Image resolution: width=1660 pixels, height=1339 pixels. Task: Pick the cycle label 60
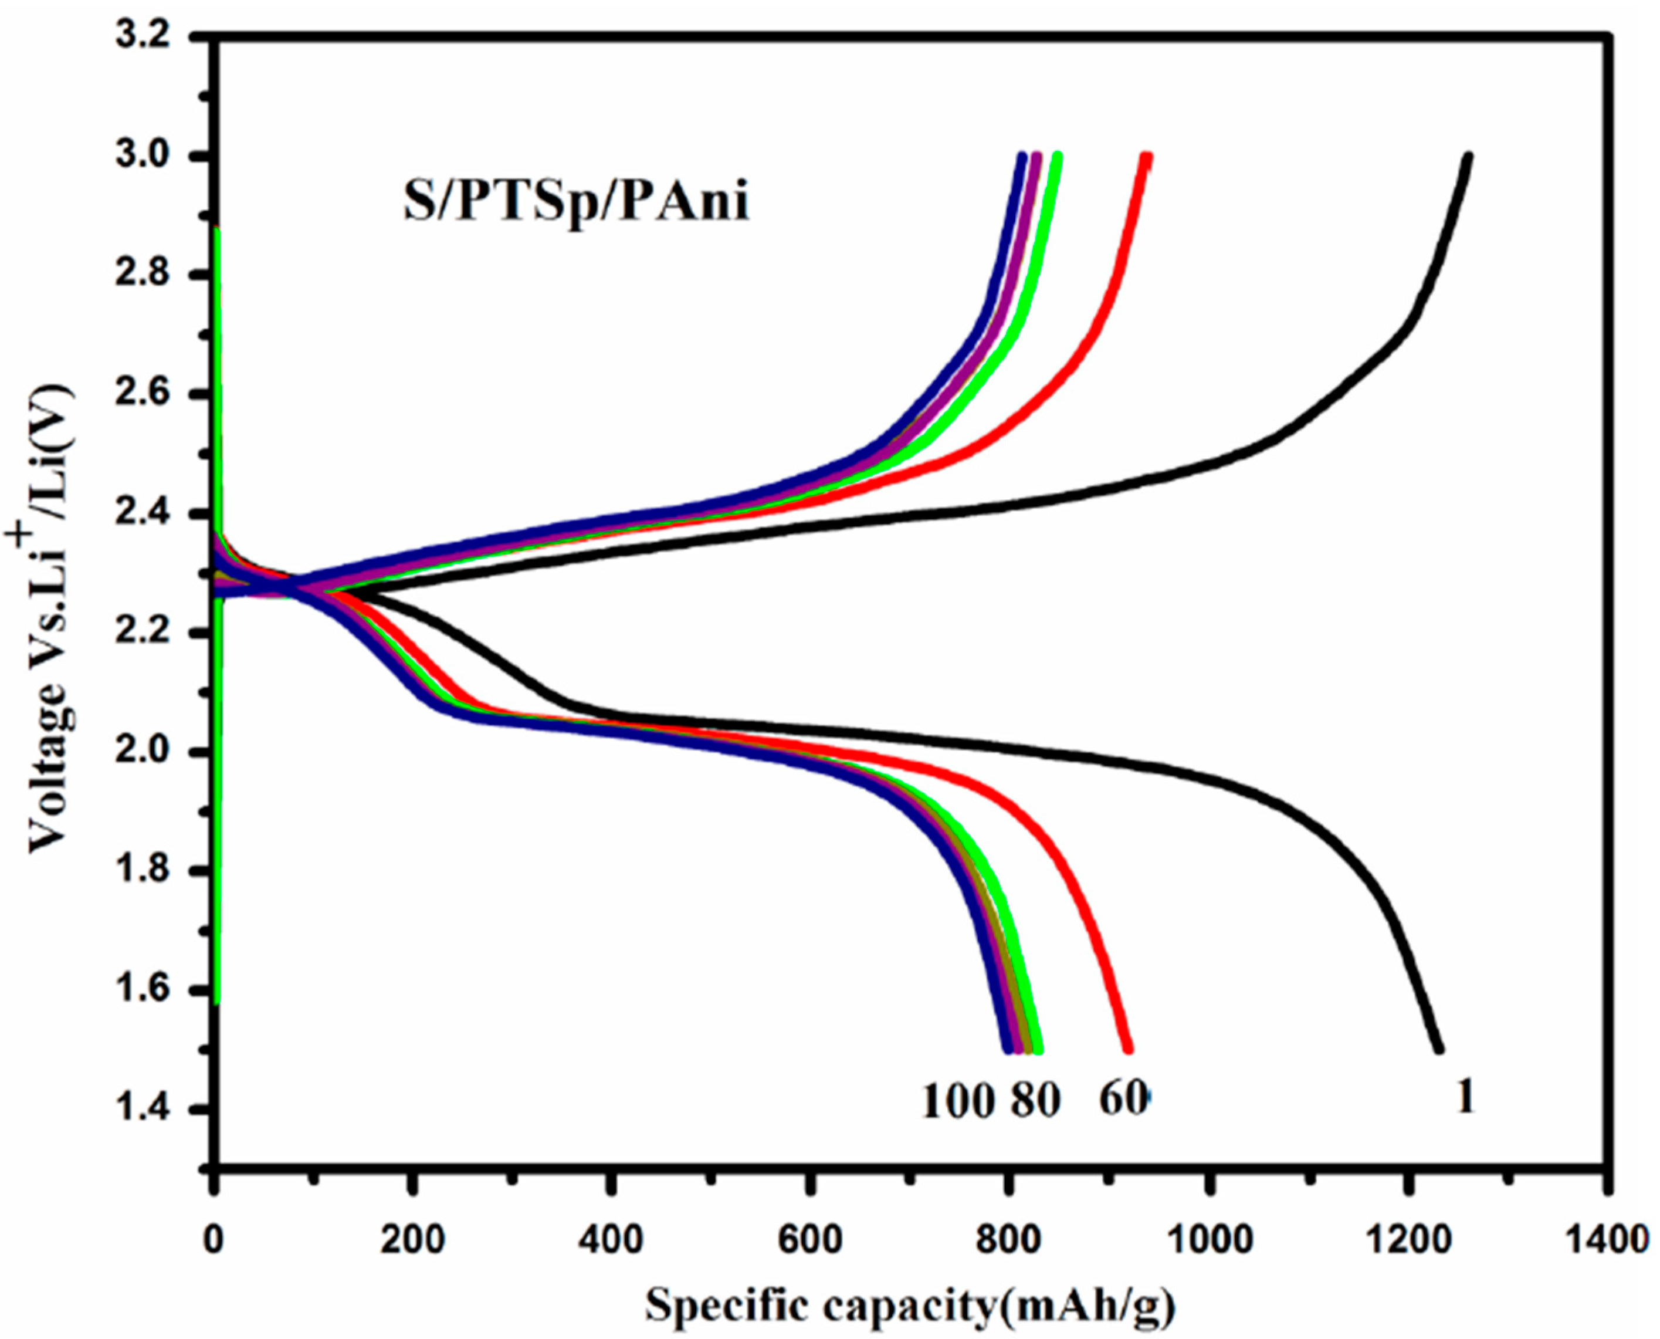pos(1122,1098)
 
